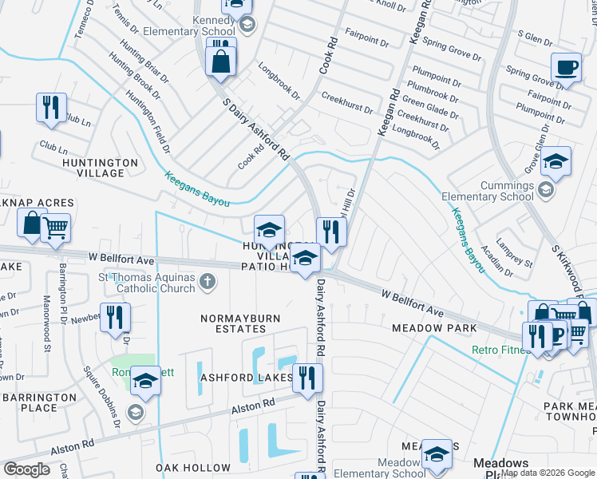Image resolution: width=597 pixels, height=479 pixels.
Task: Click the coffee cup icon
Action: click(x=566, y=67)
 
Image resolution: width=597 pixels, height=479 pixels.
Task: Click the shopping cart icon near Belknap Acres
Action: click(x=55, y=228)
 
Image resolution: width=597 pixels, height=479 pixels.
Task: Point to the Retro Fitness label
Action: click(x=500, y=349)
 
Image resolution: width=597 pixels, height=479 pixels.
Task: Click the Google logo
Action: click(x=27, y=469)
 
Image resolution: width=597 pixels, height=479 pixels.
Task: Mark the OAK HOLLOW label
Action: click(x=193, y=468)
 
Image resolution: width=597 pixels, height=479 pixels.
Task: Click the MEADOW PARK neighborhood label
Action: click(x=434, y=328)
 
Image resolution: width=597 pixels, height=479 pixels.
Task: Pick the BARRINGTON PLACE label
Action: click(x=40, y=402)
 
